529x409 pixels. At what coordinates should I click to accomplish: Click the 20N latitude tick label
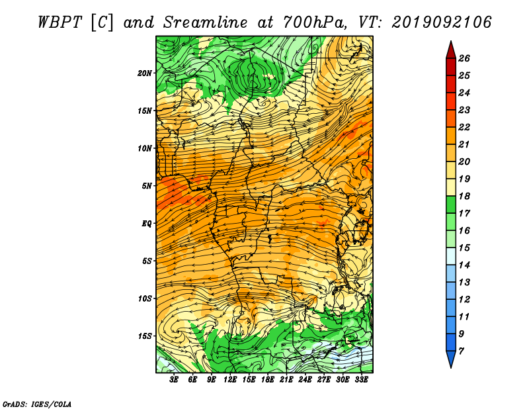pyautogui.click(x=144, y=73)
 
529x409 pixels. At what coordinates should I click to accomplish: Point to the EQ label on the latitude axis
pyautogui.click(x=146, y=224)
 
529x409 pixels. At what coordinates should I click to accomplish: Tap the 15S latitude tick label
pyautogui.click(x=145, y=336)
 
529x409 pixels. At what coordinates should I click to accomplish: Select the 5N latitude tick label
pyautogui.click(x=147, y=186)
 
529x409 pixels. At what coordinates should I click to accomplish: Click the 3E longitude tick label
pyautogui.click(x=174, y=380)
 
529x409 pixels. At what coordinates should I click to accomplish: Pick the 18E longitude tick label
pyautogui.click(x=268, y=380)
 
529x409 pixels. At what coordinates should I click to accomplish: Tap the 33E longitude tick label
pyautogui.click(x=361, y=380)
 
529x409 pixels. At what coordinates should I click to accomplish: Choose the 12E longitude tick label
pyautogui.click(x=230, y=380)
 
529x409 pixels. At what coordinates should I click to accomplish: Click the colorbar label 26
pyautogui.click(x=464, y=58)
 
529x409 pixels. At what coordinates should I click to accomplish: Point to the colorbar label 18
pyautogui.click(x=464, y=196)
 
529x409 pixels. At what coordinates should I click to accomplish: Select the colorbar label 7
pyautogui.click(x=461, y=351)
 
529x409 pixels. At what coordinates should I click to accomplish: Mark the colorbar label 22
pyautogui.click(x=464, y=127)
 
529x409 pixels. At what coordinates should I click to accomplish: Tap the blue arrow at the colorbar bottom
pyautogui.click(x=451, y=359)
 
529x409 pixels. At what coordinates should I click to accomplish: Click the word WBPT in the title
pyautogui.click(x=60, y=23)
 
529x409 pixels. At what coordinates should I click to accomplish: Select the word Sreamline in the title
pyautogui.click(x=205, y=23)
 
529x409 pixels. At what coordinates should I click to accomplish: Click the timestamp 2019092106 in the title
pyautogui.click(x=441, y=23)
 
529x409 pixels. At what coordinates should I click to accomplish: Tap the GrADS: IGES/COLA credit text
pyautogui.click(x=37, y=404)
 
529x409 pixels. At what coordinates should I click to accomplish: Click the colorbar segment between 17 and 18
pyautogui.click(x=451, y=204)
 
